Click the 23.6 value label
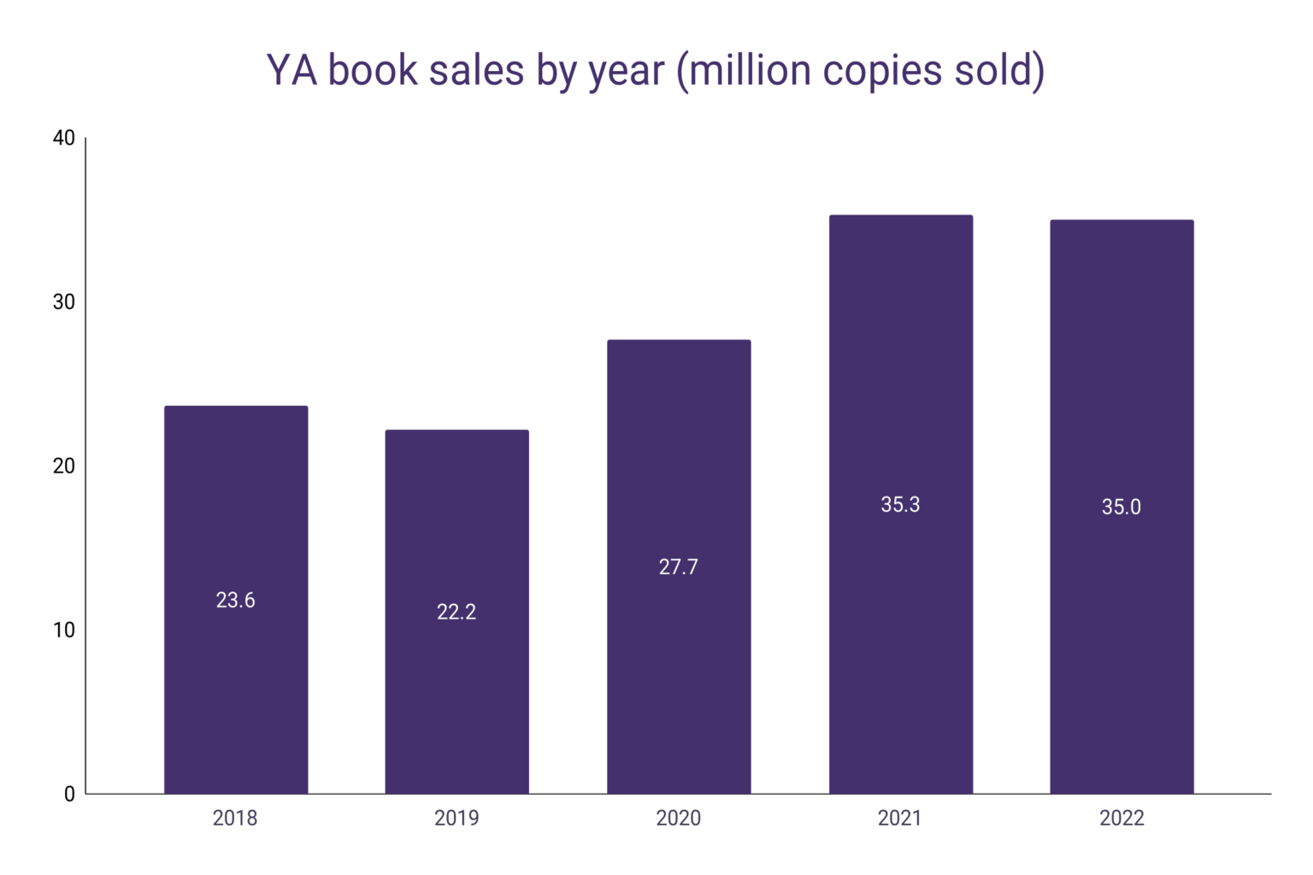tap(236, 601)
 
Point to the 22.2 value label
tap(456, 612)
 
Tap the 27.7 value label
tap(679, 567)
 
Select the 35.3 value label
tap(900, 505)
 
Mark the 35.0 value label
tap(1122, 508)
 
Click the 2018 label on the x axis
tap(235, 819)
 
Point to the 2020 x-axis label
tap(679, 819)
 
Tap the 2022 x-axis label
tap(1122, 819)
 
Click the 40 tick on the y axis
tap(64, 138)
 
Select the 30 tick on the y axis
tap(64, 302)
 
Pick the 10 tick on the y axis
tap(64, 631)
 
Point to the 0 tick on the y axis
tap(69, 795)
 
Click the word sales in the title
tap(476, 70)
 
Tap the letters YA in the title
tap(292, 70)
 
